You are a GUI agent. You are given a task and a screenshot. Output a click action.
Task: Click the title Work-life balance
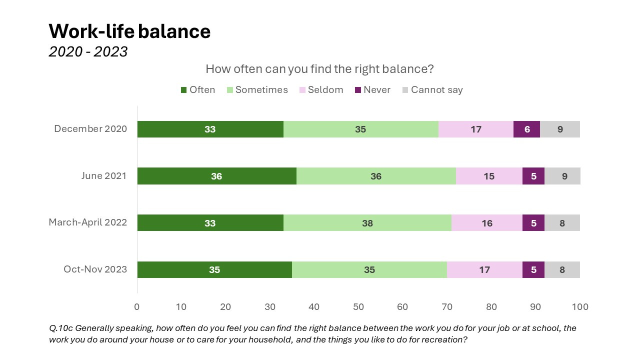129,31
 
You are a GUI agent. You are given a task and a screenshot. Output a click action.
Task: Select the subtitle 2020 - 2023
88,51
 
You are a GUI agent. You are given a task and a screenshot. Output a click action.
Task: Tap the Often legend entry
197,90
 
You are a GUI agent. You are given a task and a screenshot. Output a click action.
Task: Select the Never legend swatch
357,90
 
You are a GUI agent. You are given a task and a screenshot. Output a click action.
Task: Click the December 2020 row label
90,129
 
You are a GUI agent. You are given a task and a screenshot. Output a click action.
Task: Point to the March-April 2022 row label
87,222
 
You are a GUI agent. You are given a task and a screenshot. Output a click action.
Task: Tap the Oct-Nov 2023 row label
95,269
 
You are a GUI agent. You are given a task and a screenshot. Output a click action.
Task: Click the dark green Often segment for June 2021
216,176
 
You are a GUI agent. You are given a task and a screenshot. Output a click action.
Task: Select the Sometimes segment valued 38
367,223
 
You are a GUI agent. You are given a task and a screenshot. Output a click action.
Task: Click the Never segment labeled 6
526,129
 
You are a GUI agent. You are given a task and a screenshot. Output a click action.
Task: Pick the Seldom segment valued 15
488,176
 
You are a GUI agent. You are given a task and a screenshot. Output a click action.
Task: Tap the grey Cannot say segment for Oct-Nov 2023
562,269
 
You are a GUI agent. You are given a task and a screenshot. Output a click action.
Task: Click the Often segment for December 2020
210,129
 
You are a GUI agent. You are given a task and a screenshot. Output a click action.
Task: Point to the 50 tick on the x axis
358,306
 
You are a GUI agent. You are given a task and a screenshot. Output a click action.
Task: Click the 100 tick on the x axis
580,306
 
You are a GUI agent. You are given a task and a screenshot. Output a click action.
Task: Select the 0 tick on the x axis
137,306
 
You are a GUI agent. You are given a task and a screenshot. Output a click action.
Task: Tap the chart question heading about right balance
319,68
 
